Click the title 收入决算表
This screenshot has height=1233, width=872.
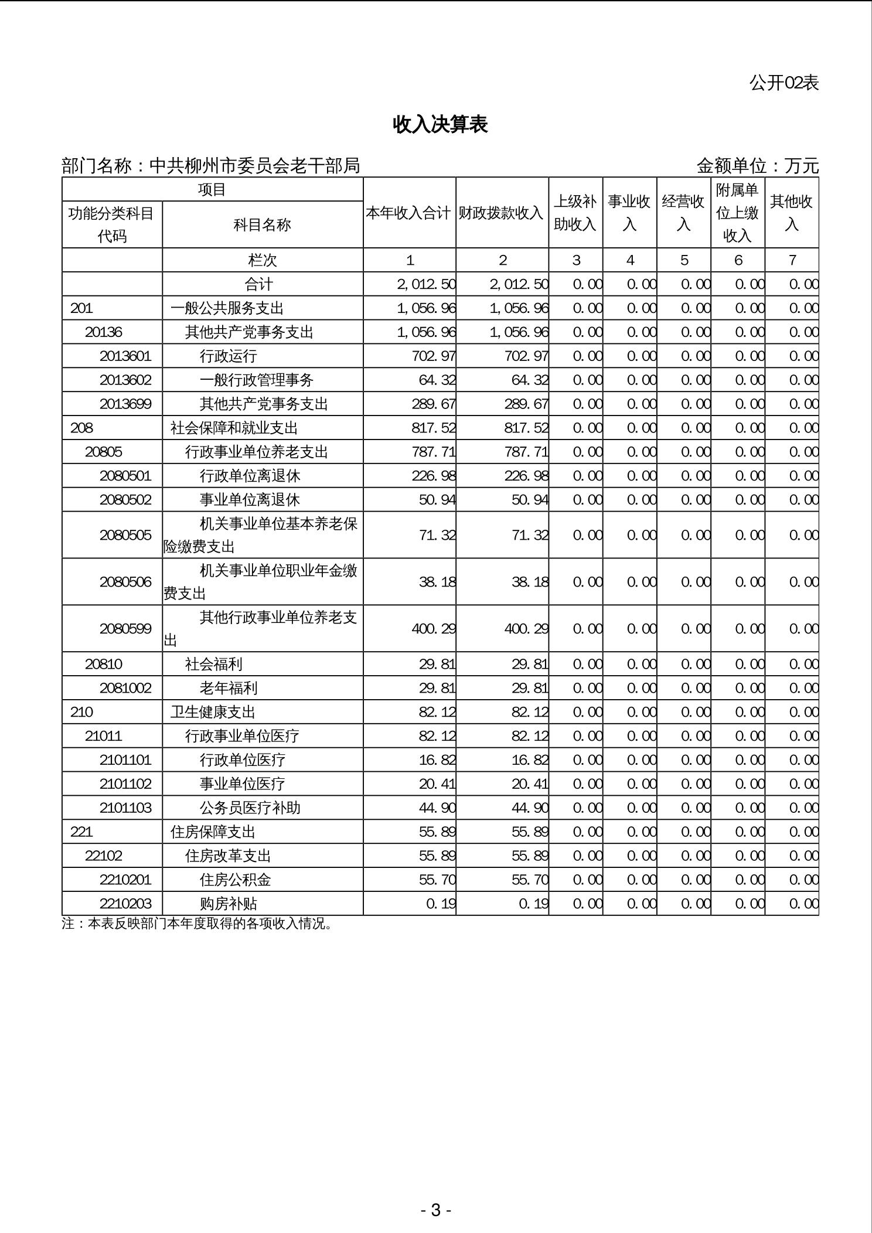tap(440, 124)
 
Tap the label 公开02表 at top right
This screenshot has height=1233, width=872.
tap(784, 83)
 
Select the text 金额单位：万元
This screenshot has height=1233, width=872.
tap(757, 166)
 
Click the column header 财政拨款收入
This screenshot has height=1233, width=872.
tap(502, 213)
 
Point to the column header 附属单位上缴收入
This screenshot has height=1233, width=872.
tap(737, 213)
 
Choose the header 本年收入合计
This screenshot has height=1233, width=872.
tap(409, 213)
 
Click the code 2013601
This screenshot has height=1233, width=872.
tap(125, 356)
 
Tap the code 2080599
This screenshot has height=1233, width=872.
tap(125, 629)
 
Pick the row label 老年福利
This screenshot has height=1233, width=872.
tap(229, 688)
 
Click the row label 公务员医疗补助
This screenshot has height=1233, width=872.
tap(250, 808)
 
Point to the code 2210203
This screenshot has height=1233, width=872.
tap(125, 904)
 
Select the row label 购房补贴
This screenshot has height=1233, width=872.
tap(229, 904)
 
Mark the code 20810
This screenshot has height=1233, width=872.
tap(104, 664)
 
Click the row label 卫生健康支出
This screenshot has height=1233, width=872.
tap(213, 712)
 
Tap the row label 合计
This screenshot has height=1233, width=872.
tap(259, 284)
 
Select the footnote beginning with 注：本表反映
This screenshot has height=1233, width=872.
tap(197, 924)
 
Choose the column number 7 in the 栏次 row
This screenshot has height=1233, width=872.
tap(792, 260)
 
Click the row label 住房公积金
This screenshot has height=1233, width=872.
tap(236, 880)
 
